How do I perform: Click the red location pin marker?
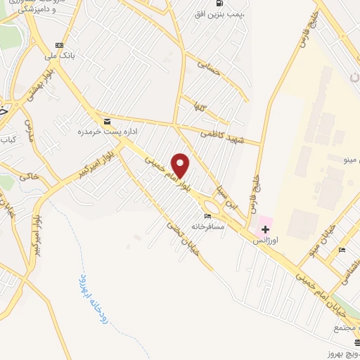point(181,166)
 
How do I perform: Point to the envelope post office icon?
point(106,121)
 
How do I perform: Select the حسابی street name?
point(210,65)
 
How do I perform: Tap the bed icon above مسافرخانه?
point(207,216)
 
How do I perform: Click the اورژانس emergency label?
point(267,240)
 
